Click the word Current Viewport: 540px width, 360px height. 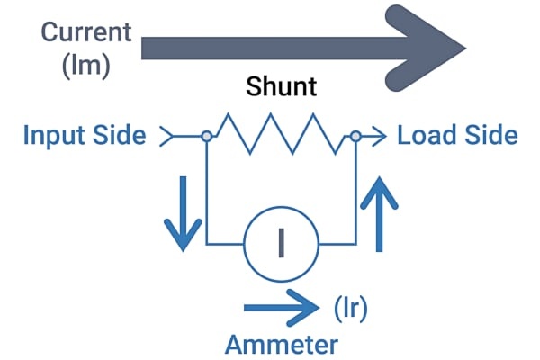tap(86, 32)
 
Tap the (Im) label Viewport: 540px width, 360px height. tap(86, 66)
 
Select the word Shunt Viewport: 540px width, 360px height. tap(282, 86)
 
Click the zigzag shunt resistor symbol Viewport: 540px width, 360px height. tap(281, 134)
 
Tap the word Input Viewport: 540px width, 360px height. tap(53, 136)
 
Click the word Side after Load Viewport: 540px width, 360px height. tap(491, 135)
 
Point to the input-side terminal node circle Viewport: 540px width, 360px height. tap(207, 137)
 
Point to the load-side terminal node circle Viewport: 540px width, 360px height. tap(355, 137)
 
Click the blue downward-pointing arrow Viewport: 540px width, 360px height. tap(183, 213)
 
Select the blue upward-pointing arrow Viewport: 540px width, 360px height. tap(379, 213)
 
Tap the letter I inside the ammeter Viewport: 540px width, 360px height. tap(282, 243)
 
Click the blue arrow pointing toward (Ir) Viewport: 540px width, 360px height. tap(282, 307)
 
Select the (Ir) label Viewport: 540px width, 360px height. tap(351, 309)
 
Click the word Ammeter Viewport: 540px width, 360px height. tap(282, 345)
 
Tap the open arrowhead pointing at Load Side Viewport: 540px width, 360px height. tap(379, 137)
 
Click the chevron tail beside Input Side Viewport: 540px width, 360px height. tap(166, 137)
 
